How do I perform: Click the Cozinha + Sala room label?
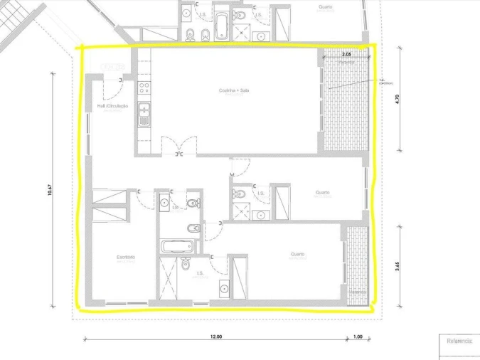point(234,90)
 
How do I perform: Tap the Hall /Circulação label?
point(112,106)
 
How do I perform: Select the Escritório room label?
point(126,256)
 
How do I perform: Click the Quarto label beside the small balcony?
point(297,254)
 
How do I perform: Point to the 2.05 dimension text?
point(346,54)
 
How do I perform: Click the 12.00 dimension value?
point(216,337)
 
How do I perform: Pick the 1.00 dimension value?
point(357,337)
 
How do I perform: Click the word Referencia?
point(459,341)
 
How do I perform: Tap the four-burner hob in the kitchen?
point(144,88)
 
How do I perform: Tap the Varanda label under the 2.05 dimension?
point(346,62)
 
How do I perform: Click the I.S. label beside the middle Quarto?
point(261,192)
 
